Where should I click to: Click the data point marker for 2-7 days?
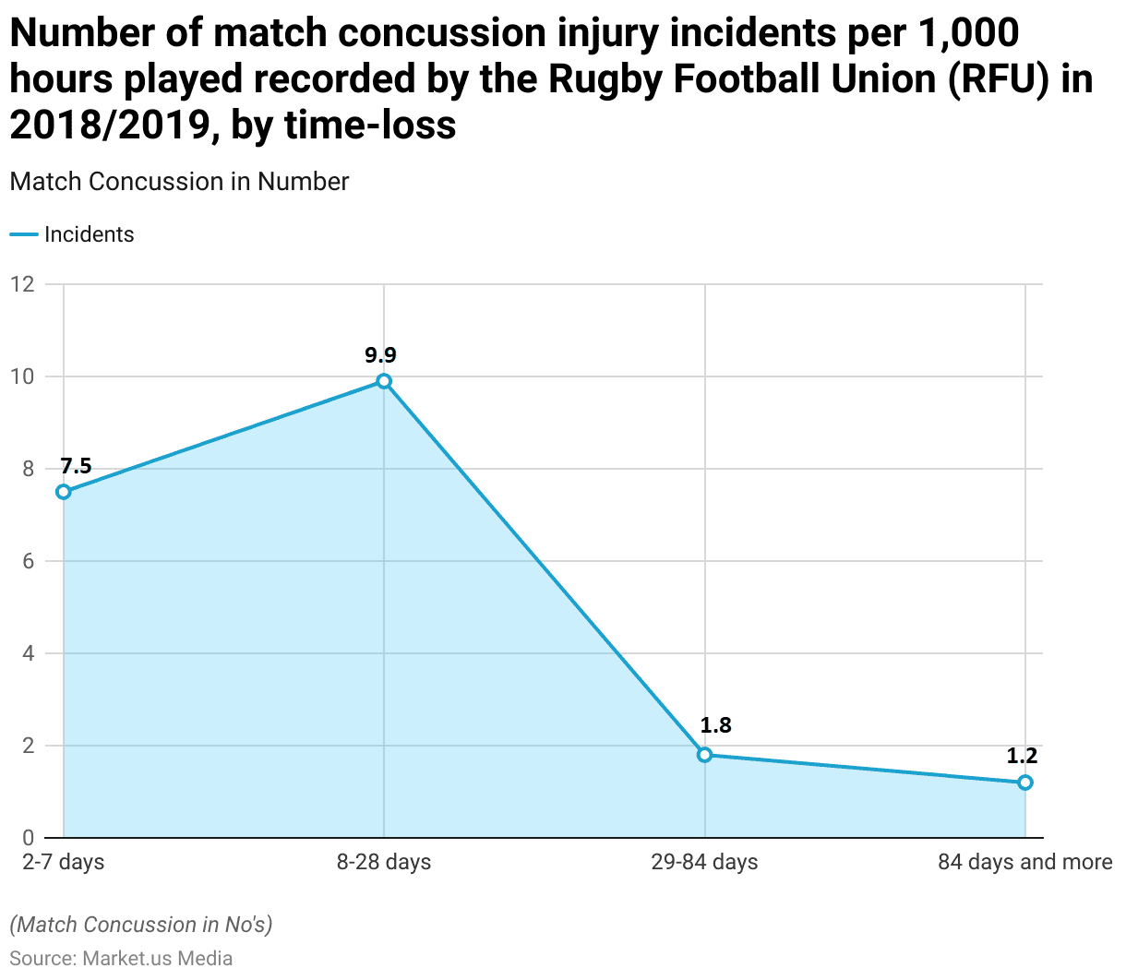[x=64, y=492]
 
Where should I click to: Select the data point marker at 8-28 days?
[x=384, y=381]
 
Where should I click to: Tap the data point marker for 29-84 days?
[x=705, y=755]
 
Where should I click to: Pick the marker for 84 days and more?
[x=1025, y=783]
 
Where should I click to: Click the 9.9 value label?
[x=380, y=355]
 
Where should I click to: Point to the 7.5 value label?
[x=76, y=466]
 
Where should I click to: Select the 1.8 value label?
[x=715, y=725]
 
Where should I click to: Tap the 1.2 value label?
[x=1022, y=757]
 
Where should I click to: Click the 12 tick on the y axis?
[x=22, y=284]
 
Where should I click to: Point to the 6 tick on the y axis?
[x=28, y=561]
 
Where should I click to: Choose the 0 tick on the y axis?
[x=28, y=838]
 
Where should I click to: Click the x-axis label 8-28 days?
[x=384, y=863]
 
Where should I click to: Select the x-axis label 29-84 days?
[x=704, y=863]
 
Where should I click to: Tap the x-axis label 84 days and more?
[x=1024, y=863]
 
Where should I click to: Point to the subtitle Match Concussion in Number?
[x=179, y=182]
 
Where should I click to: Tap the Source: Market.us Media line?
[x=121, y=959]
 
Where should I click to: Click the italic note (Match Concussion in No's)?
[x=141, y=925]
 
